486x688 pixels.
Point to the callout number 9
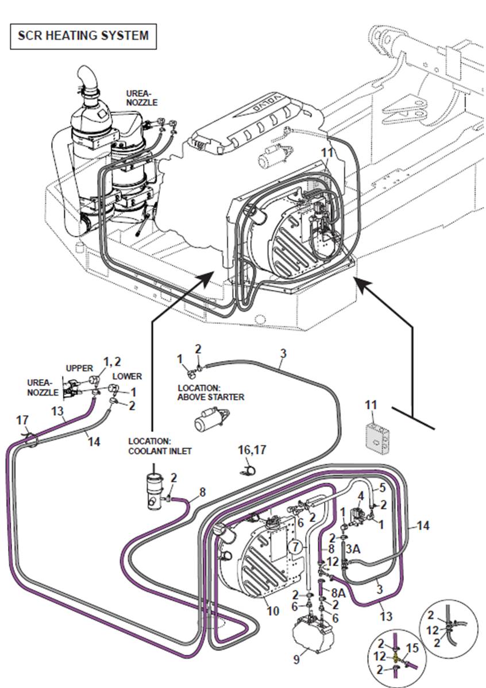click(x=296, y=660)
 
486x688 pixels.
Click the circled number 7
click(x=295, y=547)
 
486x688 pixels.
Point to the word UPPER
click(x=79, y=368)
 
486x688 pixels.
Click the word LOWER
click(x=127, y=377)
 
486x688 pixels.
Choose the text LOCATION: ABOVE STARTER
click(x=211, y=392)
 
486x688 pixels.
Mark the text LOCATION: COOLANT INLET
click(x=160, y=446)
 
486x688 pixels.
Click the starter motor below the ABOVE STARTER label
click(x=210, y=422)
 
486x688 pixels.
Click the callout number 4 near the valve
click(x=361, y=495)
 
